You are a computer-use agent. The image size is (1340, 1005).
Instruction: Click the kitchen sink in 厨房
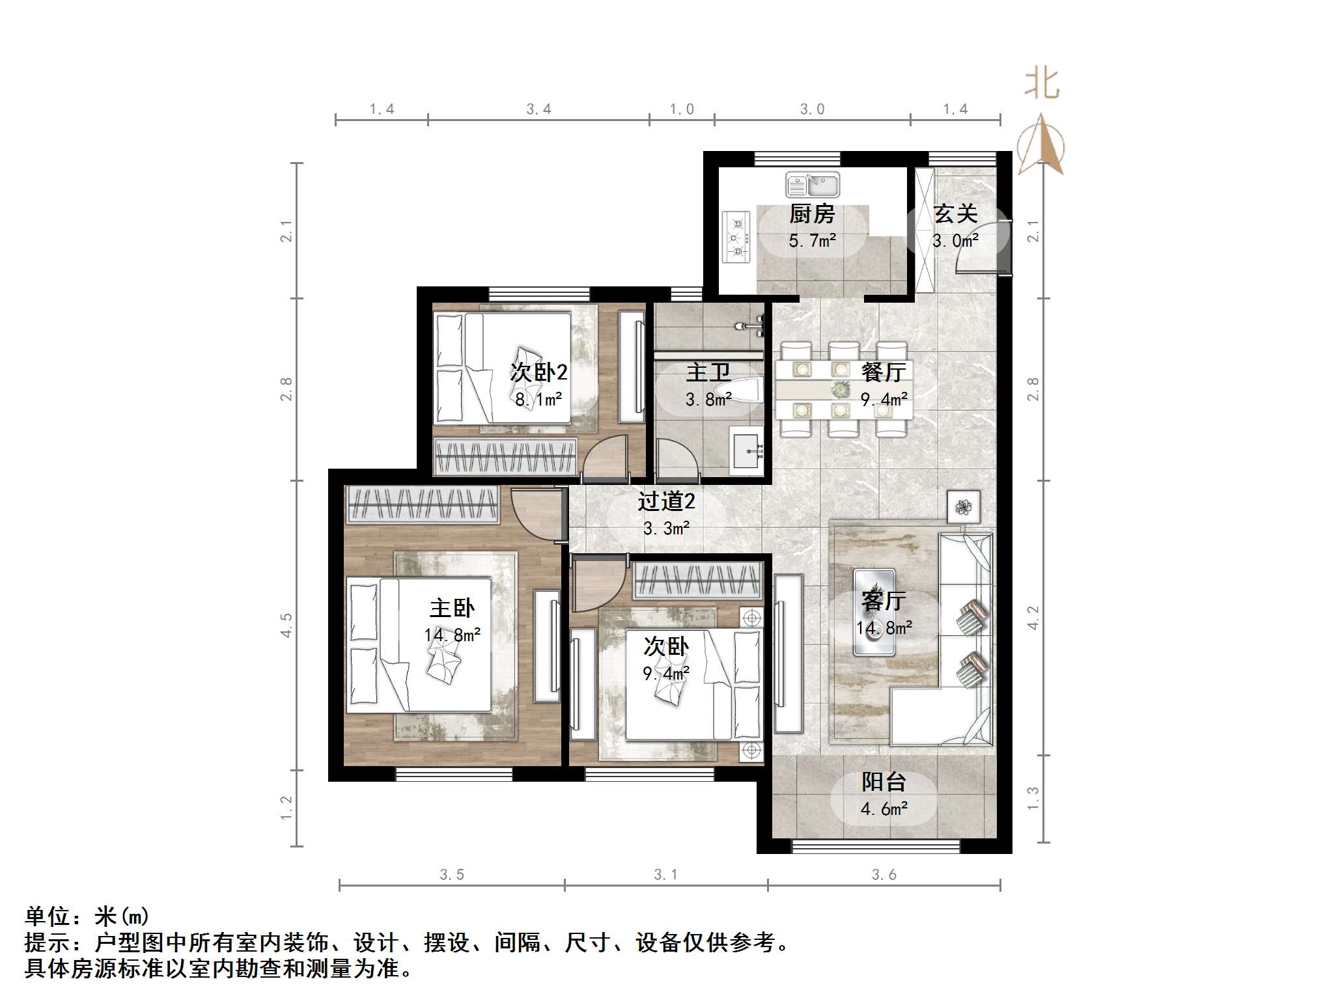(x=812, y=185)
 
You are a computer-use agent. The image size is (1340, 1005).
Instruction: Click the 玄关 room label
(x=955, y=213)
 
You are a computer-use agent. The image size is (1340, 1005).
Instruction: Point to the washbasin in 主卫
(x=746, y=450)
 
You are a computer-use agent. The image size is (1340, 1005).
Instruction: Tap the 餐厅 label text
(x=883, y=372)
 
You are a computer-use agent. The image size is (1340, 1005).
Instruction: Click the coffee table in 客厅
(x=874, y=613)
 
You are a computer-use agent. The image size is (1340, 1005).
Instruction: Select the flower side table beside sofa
(x=963, y=506)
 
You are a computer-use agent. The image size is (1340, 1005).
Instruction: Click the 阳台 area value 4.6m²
(x=884, y=809)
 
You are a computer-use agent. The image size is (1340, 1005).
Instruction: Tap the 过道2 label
(x=665, y=501)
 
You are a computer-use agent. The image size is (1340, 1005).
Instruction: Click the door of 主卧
(x=537, y=514)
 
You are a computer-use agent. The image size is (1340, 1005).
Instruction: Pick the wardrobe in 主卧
(x=423, y=504)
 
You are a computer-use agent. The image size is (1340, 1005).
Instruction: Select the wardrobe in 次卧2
(x=505, y=456)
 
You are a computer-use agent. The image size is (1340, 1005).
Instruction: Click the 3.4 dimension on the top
(x=538, y=109)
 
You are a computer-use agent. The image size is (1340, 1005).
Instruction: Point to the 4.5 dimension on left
(x=286, y=625)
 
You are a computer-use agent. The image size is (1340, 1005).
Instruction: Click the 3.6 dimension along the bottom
(x=884, y=875)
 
